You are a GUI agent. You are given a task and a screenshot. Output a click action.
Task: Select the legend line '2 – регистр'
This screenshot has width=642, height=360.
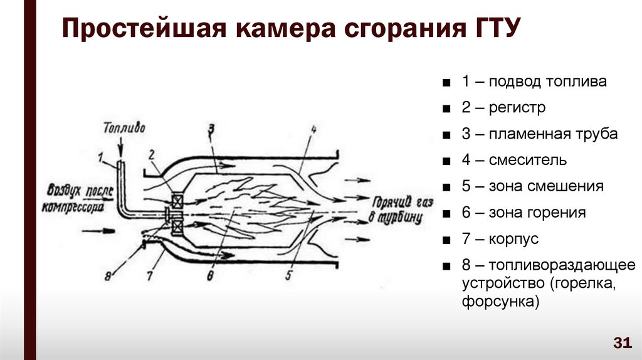click(503, 108)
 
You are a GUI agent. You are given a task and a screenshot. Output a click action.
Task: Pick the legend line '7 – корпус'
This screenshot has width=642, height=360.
click(500, 240)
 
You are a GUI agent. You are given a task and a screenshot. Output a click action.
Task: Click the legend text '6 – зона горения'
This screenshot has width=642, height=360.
click(524, 213)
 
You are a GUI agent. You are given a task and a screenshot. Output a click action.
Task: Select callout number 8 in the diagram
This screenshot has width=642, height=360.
click(108, 275)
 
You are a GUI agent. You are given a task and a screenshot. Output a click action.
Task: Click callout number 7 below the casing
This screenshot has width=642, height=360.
click(150, 274)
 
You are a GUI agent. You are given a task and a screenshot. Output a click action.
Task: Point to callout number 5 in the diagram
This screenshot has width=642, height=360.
click(289, 273)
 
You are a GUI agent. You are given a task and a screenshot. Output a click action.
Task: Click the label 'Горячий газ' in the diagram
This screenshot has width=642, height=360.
click(396, 203)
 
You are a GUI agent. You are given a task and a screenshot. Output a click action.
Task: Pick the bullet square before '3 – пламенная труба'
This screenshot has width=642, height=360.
click(445, 135)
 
